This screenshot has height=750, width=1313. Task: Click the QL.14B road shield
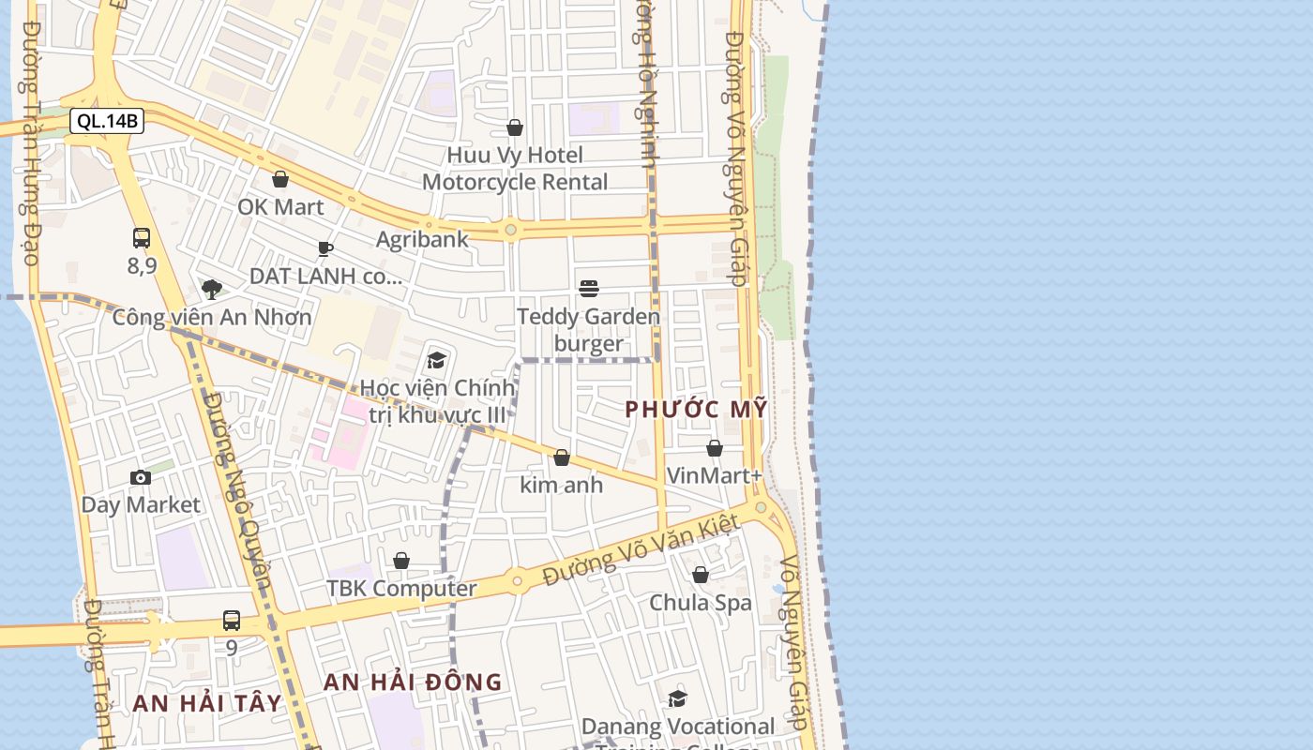[106, 121]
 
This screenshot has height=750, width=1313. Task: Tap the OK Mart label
[280, 207]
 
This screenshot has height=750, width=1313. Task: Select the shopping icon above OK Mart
[279, 179]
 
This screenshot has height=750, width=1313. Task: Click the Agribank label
[422, 239]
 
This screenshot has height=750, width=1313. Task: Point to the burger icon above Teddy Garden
[589, 288]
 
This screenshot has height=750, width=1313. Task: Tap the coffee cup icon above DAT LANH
[325, 248]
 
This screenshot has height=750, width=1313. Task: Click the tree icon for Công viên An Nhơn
[212, 290]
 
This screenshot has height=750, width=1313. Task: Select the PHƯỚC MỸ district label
[697, 409]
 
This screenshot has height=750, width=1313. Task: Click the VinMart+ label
[715, 475]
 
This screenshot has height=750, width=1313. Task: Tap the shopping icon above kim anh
[562, 457]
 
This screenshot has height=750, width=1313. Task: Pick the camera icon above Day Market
[141, 478]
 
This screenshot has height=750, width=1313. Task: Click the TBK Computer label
[401, 589]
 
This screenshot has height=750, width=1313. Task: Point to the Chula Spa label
[701, 602]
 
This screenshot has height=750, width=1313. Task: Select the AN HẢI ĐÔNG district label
[413, 682]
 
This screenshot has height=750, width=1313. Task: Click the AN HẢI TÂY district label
[206, 703]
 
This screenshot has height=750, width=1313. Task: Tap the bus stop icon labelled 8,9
[142, 238]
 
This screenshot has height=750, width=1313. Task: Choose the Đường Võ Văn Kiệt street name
[641, 550]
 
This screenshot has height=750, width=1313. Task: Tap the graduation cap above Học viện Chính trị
[436, 361]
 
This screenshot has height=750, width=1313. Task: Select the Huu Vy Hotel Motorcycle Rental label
[515, 169]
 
